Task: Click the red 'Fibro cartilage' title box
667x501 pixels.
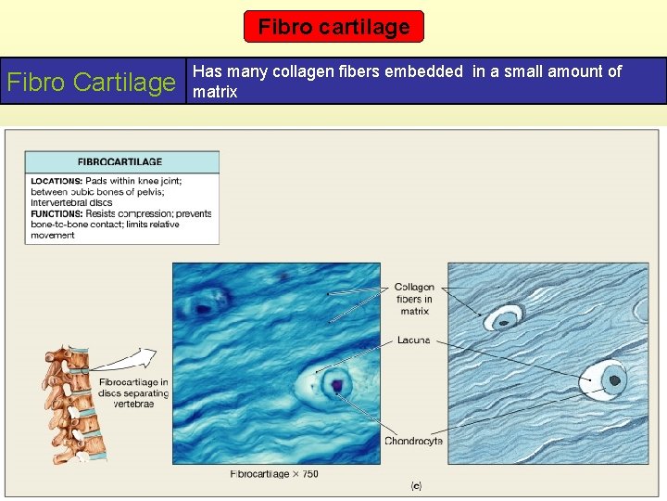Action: pyautogui.click(x=333, y=27)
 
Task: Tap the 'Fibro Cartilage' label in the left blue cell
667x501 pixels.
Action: pyautogui.click(x=92, y=82)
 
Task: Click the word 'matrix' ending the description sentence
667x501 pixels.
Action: pyautogui.click(x=215, y=92)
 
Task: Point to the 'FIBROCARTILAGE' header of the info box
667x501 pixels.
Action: pyautogui.click(x=120, y=161)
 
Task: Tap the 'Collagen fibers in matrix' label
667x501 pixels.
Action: pyautogui.click(x=413, y=299)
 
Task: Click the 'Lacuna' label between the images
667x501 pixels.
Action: pyautogui.click(x=413, y=340)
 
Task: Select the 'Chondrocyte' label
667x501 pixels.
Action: pyautogui.click(x=413, y=441)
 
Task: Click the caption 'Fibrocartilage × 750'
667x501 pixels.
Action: pyautogui.click(x=274, y=474)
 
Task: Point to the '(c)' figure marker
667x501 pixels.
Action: pyautogui.click(x=417, y=484)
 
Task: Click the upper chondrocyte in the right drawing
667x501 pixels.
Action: pyautogui.click(x=504, y=319)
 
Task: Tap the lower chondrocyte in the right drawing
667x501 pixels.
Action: pyautogui.click(x=612, y=379)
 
